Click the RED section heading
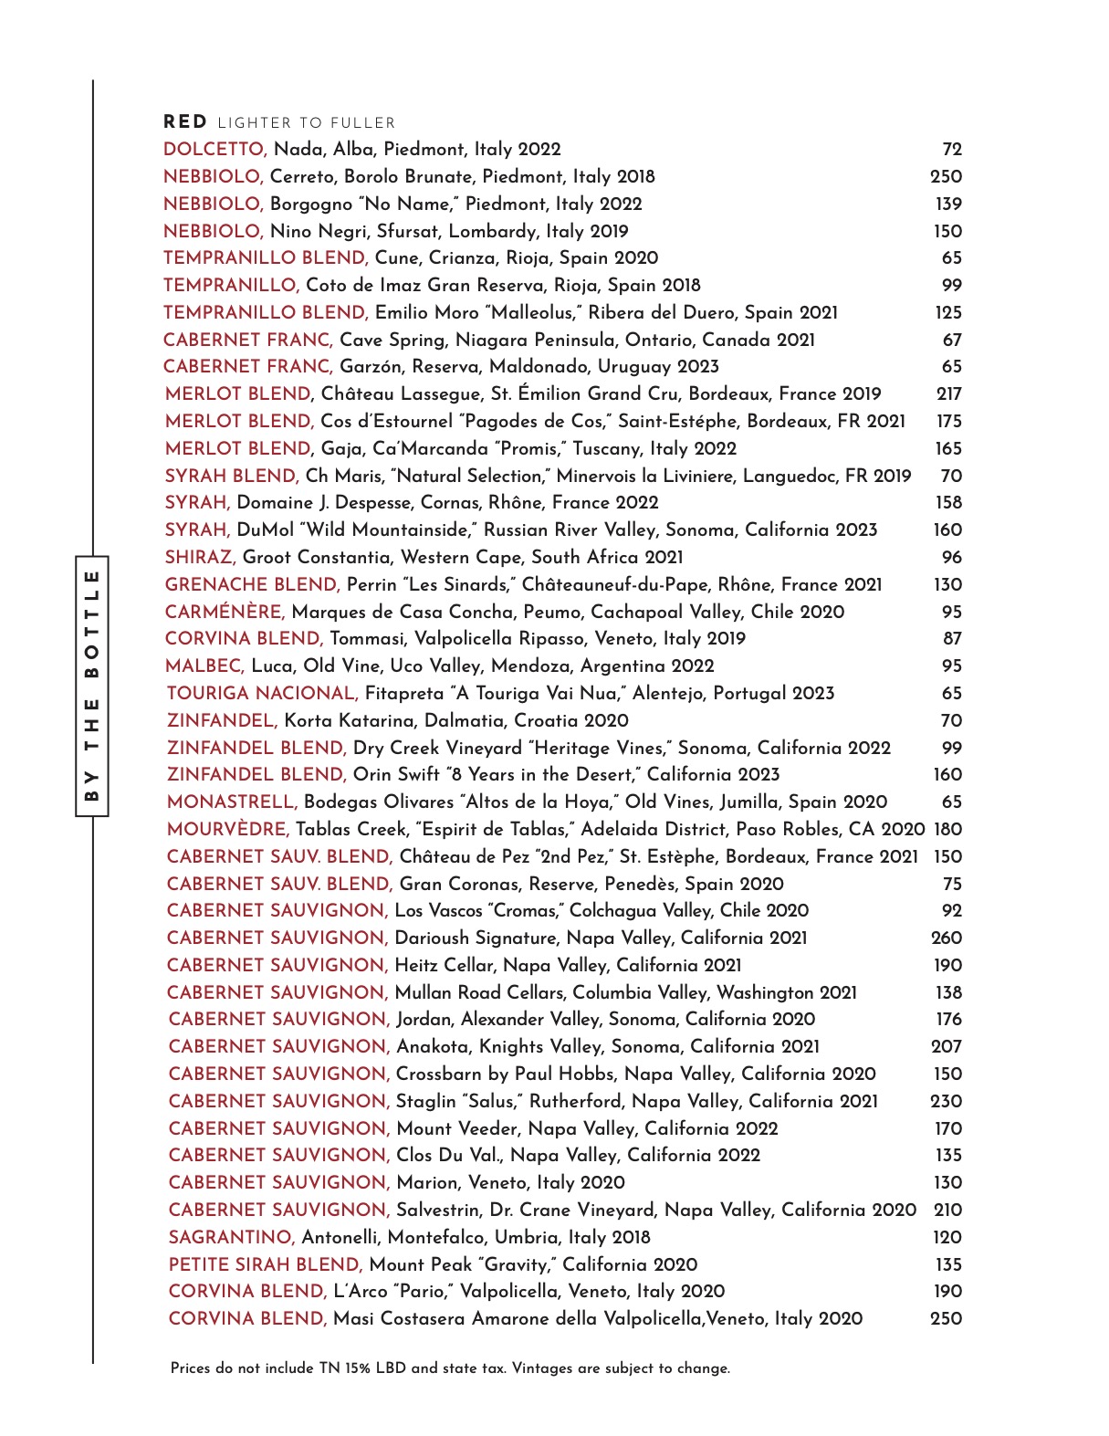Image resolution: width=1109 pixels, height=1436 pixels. click(185, 122)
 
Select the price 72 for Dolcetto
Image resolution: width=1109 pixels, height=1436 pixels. click(952, 150)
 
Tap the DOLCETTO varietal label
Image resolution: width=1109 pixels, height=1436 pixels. click(214, 150)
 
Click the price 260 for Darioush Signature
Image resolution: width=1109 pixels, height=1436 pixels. click(947, 938)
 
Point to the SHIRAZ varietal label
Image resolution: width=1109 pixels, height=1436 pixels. click(201, 558)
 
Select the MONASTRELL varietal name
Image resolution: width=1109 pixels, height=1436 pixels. click(232, 802)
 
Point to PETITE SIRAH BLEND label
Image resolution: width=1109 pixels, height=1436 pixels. click(266, 1265)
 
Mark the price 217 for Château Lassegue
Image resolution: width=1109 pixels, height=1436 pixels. click(949, 394)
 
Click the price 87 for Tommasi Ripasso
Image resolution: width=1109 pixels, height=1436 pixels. click(952, 639)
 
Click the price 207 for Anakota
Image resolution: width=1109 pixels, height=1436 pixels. click(947, 1047)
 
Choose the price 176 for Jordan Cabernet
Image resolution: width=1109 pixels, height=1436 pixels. click(949, 1020)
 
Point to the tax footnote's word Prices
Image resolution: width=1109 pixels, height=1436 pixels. click(191, 1368)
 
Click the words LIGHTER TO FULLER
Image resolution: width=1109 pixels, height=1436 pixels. click(307, 123)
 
